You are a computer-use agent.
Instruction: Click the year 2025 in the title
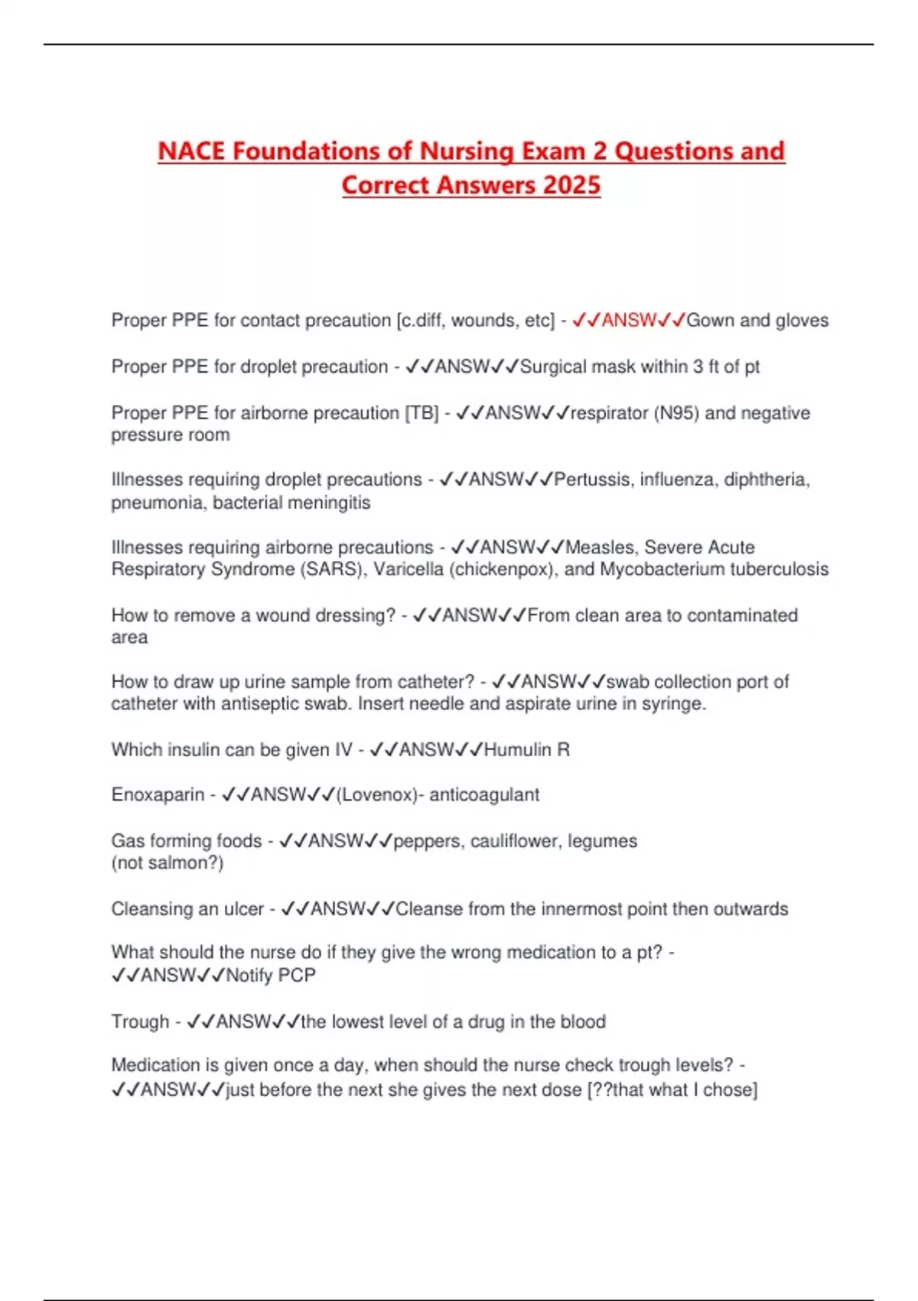tap(571, 185)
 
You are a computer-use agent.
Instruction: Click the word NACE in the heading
tap(191, 151)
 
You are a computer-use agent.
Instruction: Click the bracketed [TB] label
tap(422, 413)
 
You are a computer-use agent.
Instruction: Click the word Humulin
tap(516, 750)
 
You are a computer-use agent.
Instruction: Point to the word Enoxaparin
tap(158, 795)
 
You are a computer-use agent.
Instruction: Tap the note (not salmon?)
tap(168, 863)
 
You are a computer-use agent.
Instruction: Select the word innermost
tap(581, 909)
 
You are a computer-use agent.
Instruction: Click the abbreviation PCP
tap(297, 976)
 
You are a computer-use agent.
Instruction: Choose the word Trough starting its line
tap(140, 1022)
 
